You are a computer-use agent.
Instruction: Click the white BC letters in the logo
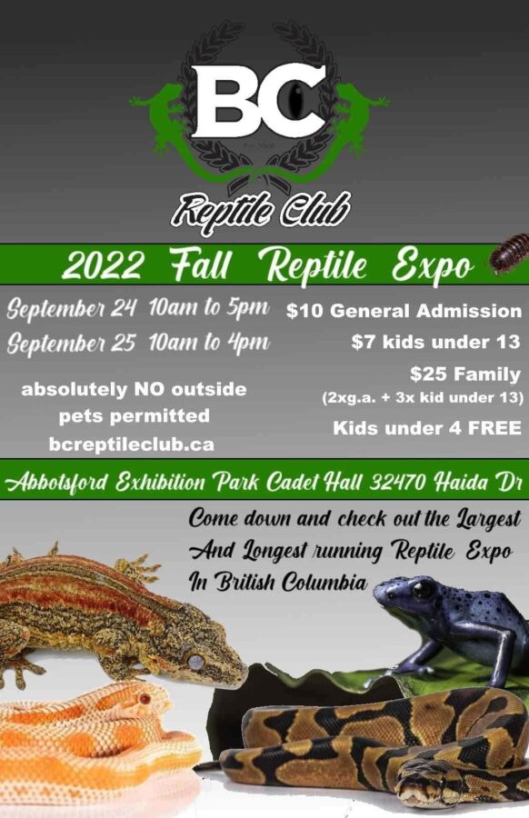(260, 101)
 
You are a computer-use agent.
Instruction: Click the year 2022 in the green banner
(102, 265)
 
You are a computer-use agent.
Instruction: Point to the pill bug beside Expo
(509, 253)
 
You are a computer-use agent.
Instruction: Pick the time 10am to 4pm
(209, 343)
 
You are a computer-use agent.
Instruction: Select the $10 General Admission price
(404, 311)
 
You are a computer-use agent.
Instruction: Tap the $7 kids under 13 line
(435, 342)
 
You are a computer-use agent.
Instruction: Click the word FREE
(494, 428)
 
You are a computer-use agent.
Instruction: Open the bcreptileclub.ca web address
(132, 444)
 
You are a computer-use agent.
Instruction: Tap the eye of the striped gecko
(196, 662)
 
